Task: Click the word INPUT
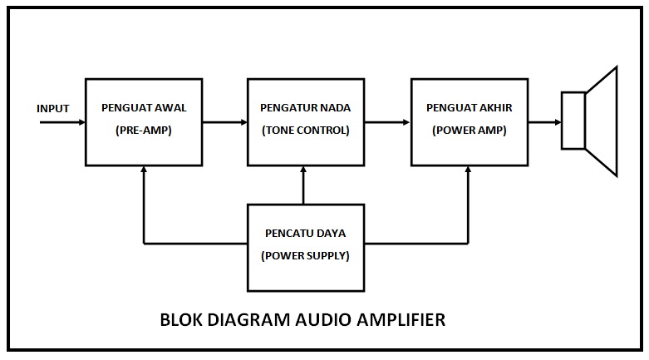(x=53, y=109)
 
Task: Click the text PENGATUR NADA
(x=306, y=108)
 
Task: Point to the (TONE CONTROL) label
(x=306, y=131)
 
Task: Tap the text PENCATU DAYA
(x=306, y=234)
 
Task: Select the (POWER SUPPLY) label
(x=306, y=256)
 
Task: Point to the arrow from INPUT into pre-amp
(x=63, y=122)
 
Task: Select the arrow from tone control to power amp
(x=388, y=122)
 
